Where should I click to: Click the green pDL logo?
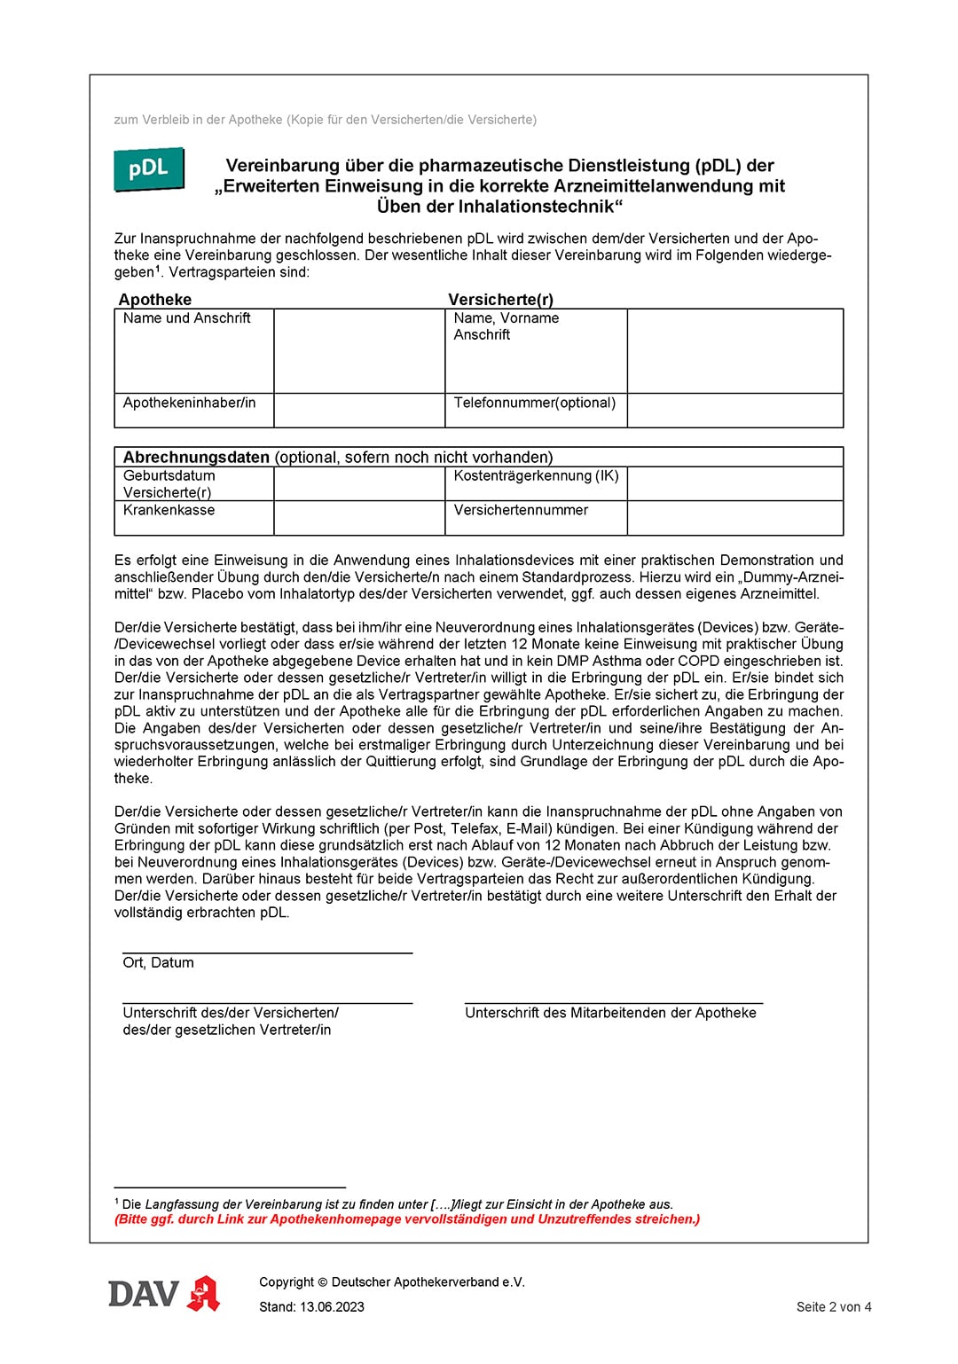pos(148,169)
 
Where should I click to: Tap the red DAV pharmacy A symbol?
pos(204,1294)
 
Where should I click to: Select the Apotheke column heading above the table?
pos(155,300)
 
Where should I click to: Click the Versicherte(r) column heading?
pos(500,300)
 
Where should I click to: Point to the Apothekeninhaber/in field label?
pos(189,403)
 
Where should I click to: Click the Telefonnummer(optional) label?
pos(534,403)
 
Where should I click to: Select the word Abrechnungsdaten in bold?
pos(196,458)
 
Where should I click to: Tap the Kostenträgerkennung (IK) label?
pos(536,475)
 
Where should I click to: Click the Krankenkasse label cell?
pos(169,510)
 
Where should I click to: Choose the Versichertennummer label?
pos(521,510)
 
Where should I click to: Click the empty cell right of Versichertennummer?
pos(734,518)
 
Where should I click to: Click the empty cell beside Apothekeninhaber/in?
pos(358,411)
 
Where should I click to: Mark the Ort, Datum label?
pos(158,963)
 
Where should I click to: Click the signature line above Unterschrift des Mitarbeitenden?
pos(613,1003)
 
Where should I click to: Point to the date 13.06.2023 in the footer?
pos(332,1306)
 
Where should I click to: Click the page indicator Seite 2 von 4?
pos(833,1306)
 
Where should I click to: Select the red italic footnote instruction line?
pos(407,1219)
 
